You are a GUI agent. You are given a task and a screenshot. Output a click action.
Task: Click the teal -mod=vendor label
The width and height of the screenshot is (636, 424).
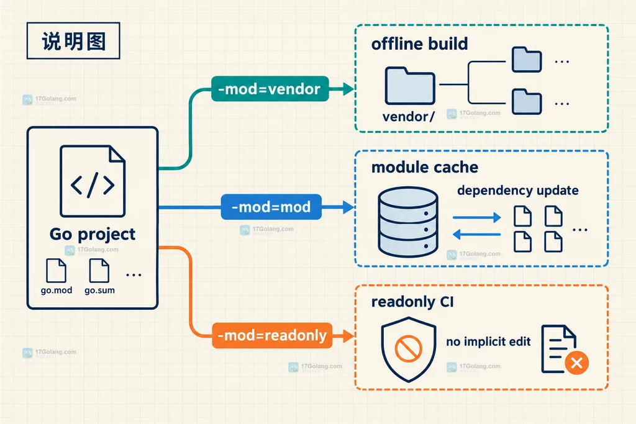click(270, 89)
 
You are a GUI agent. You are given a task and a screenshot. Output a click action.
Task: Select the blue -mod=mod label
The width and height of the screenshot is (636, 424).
click(271, 207)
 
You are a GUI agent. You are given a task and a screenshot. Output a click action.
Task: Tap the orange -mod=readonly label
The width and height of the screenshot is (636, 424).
click(272, 336)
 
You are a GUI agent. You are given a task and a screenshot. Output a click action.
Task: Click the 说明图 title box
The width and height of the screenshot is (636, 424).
click(73, 41)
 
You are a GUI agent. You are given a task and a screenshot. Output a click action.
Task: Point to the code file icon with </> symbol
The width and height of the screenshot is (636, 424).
click(93, 181)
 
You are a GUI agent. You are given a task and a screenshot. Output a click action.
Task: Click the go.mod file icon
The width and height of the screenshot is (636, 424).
click(57, 271)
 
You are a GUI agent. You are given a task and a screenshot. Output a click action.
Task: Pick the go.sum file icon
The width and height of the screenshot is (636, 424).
click(99, 271)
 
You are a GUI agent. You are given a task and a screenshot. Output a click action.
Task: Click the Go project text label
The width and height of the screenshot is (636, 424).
click(93, 234)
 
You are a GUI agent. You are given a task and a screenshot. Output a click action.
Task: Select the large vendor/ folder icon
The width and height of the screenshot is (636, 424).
click(410, 86)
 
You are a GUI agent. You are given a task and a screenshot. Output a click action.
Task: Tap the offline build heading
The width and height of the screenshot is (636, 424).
click(419, 44)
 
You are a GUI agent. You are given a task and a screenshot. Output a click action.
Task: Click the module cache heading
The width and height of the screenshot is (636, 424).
click(425, 167)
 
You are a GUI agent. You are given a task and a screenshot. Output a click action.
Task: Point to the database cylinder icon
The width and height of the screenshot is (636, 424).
click(408, 222)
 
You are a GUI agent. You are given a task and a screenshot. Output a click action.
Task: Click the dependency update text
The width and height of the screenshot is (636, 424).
click(518, 191)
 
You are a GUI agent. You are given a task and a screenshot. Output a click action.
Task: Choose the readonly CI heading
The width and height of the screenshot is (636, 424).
click(412, 302)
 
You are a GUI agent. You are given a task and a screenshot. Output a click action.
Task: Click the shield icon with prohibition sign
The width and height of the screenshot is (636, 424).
click(409, 350)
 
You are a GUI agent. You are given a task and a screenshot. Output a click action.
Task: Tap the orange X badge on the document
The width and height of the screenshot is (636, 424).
click(577, 363)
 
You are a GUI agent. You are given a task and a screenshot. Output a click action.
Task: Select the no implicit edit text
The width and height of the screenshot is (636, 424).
click(488, 341)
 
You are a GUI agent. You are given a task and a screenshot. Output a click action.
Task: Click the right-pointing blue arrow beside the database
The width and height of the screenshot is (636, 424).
click(476, 218)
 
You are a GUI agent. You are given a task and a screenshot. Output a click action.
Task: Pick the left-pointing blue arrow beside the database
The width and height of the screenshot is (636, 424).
click(476, 234)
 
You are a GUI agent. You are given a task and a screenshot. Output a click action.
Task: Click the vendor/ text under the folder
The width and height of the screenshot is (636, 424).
click(409, 117)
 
